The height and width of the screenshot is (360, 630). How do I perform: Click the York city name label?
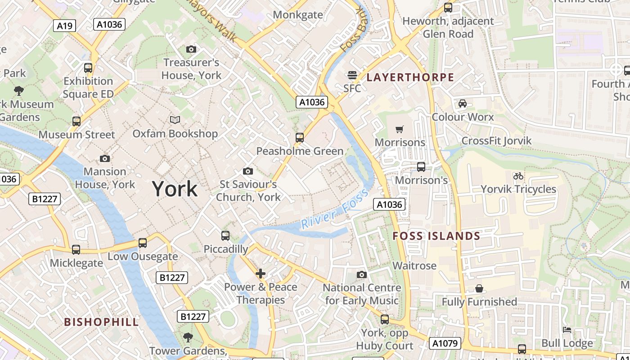coord(175,189)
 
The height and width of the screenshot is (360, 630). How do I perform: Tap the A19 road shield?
coord(64,26)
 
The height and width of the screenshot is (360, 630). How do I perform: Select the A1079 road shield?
coord(445,343)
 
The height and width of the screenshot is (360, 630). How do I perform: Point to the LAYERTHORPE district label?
coord(410,77)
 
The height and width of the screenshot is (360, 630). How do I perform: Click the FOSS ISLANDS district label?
coord(436,236)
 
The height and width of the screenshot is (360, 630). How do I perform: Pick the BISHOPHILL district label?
coord(101,322)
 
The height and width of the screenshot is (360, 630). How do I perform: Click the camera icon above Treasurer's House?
coord(191,49)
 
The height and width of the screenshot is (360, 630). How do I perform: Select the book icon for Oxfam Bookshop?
coord(175,120)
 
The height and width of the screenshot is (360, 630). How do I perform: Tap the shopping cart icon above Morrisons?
coord(399,130)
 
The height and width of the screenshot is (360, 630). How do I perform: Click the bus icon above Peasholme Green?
coord(300,138)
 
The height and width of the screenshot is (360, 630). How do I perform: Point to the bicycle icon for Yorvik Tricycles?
coord(518,175)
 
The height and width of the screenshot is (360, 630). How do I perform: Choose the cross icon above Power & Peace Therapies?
coord(260,273)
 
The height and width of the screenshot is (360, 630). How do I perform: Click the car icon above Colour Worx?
coord(462,103)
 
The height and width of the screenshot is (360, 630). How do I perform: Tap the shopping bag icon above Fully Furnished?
coord(479,288)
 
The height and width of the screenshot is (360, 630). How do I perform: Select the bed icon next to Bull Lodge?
coord(567,330)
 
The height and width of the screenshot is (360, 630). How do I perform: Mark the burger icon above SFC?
coord(352,75)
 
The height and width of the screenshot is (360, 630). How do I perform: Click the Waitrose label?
coord(414,266)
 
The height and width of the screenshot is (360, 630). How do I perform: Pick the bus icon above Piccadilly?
coord(225,235)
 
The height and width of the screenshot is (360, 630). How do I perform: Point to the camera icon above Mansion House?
coord(105,158)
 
